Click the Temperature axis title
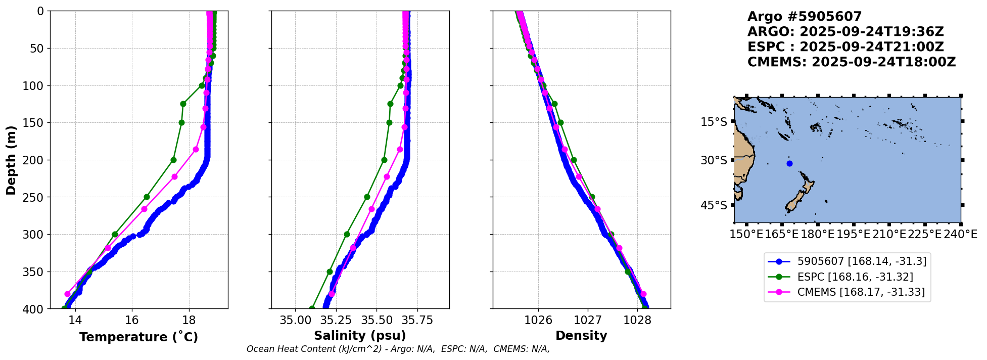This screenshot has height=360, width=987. click(x=138, y=337)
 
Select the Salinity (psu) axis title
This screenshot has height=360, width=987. click(x=360, y=336)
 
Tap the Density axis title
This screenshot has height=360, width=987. click(x=581, y=336)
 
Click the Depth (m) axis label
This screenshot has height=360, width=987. click(x=11, y=160)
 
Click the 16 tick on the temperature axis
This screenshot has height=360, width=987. click(x=132, y=320)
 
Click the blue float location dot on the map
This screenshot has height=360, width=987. click(x=789, y=163)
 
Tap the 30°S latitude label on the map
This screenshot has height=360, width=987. click(x=714, y=160)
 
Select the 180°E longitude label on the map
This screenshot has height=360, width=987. click(x=817, y=235)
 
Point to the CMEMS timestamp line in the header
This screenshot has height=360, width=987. click(x=852, y=62)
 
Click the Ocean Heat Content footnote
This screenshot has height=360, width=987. click(x=398, y=349)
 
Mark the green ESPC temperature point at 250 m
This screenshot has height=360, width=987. click(x=147, y=197)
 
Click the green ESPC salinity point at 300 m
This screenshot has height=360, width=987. click(x=347, y=234)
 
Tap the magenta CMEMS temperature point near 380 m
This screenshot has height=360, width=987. click(x=67, y=294)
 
